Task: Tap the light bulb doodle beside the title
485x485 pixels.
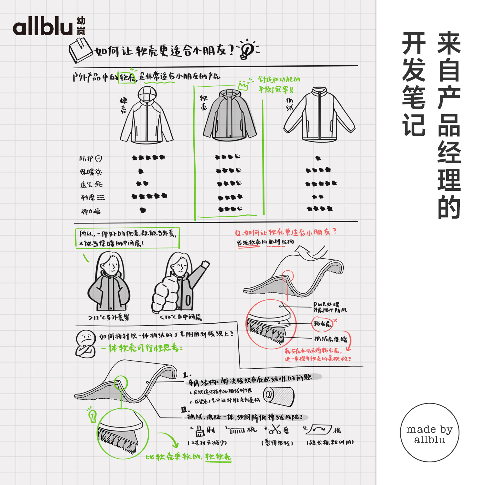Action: pos(247,50)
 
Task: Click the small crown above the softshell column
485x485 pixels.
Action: pos(243,85)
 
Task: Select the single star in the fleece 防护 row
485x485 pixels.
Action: pos(318,158)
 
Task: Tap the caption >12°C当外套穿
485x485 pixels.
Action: pos(109,318)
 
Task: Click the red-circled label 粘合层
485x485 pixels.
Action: pos(322,323)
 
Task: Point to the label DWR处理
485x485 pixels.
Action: pos(326,304)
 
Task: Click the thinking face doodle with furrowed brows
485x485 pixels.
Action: pos(86,343)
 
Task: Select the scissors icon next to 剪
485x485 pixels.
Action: pos(275,430)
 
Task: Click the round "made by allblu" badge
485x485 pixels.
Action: pos(429,432)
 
